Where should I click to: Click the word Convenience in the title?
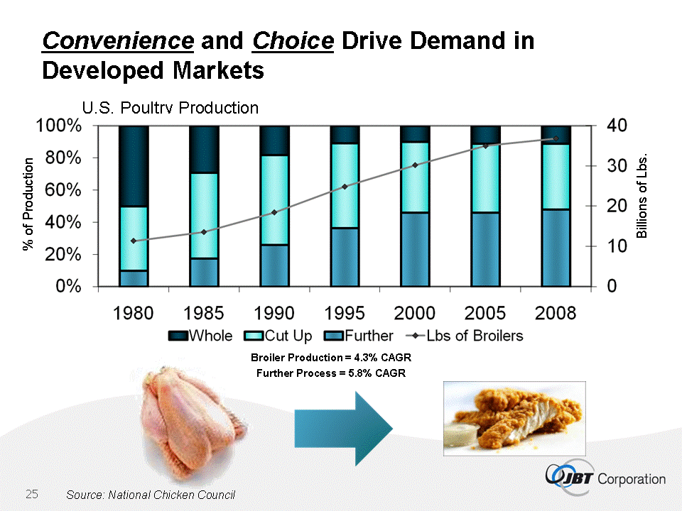click(x=118, y=40)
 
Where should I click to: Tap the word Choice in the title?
click(x=293, y=40)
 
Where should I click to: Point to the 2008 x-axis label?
click(x=556, y=314)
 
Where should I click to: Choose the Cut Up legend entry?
click(x=280, y=336)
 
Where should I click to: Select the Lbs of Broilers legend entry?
click(x=455, y=336)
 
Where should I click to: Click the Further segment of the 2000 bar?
click(x=416, y=249)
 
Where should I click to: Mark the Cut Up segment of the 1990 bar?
click(x=275, y=199)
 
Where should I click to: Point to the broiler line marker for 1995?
click(x=345, y=187)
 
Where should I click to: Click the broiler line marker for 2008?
click(x=556, y=138)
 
